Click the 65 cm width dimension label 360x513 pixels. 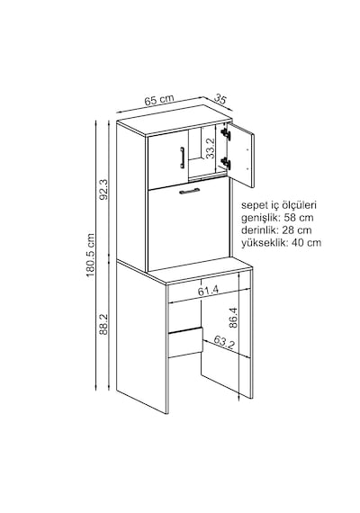point(159,100)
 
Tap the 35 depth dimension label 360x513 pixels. point(220,99)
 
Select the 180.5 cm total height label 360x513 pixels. point(90,255)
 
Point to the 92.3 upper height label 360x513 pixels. point(103,191)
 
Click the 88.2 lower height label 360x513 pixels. point(103,324)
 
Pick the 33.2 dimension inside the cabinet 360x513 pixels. point(211,148)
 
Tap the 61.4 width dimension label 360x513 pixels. point(208,291)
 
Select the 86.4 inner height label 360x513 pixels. point(233,318)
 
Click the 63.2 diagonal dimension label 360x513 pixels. point(224,343)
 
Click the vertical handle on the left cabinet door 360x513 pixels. point(183,157)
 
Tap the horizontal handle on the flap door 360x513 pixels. point(190,192)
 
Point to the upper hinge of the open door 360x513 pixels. point(226,134)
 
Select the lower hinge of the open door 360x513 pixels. point(226,163)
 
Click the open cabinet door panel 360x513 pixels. point(241,155)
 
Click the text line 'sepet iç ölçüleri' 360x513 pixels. point(279,205)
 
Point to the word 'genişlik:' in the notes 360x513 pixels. point(261,218)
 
